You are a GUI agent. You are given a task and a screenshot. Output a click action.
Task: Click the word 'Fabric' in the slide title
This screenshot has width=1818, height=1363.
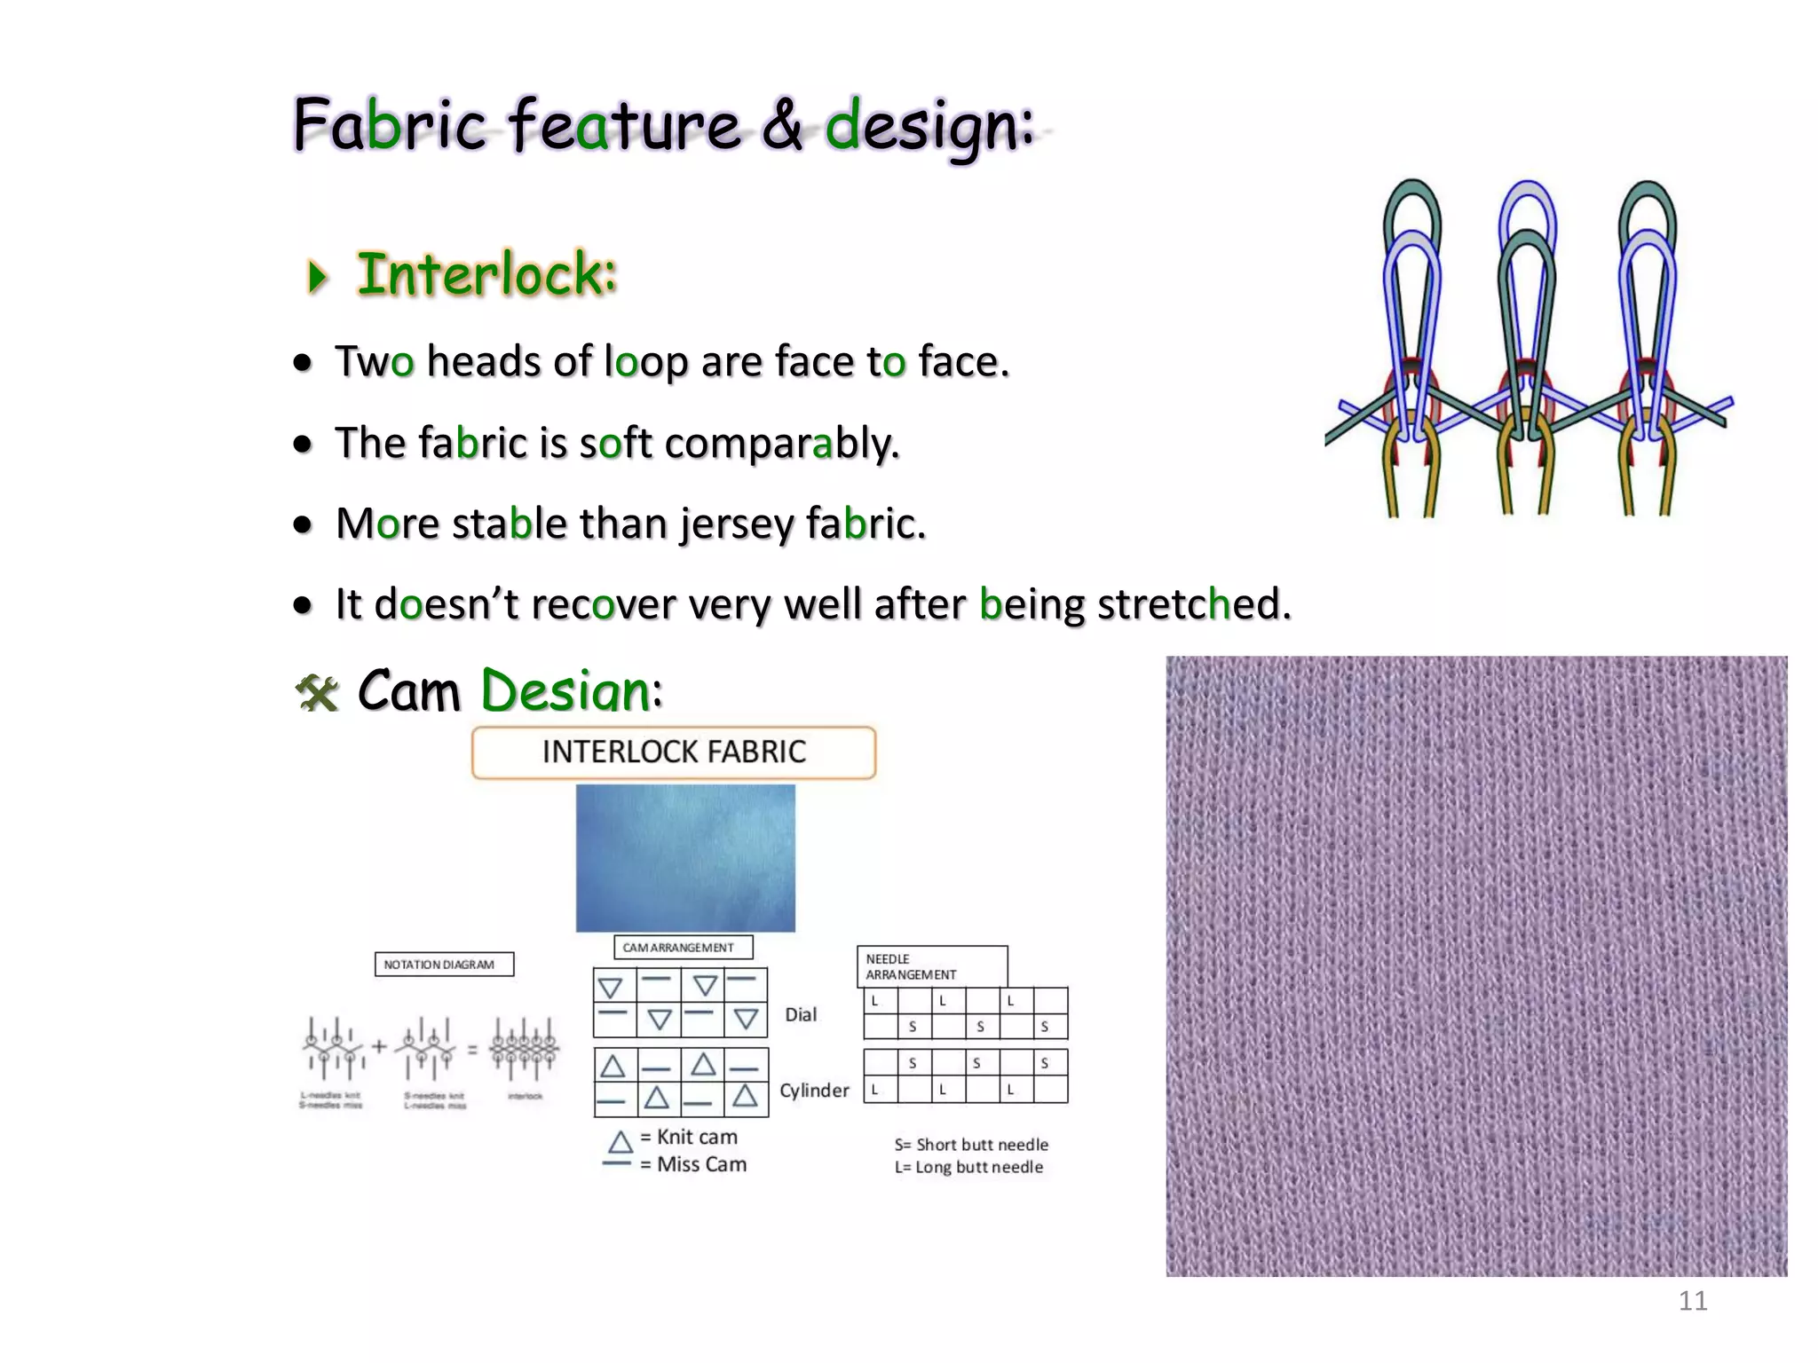coord(389,125)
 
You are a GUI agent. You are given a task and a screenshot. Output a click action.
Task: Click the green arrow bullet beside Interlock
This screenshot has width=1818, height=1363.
coord(317,276)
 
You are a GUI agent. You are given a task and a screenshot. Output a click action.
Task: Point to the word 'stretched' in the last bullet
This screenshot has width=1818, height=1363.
coord(1193,604)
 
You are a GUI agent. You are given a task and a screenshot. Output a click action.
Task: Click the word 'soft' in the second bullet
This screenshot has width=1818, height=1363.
coord(615,443)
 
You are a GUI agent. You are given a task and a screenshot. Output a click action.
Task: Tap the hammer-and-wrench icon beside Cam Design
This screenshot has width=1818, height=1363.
coord(317,693)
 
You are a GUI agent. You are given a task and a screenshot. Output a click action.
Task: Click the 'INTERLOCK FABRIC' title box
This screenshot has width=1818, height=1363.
coord(674,752)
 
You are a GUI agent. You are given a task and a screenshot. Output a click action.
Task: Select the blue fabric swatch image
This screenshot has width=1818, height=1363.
coord(685,857)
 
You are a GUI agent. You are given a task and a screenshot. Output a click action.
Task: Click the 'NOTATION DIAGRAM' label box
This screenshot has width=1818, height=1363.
coord(444,965)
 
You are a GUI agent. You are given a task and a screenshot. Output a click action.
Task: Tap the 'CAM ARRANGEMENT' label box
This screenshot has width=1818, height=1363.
coord(683,948)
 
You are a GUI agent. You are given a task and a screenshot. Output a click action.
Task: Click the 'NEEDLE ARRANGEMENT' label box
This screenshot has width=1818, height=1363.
coord(931,966)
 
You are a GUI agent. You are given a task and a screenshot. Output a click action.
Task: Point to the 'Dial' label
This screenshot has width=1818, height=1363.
coord(801,1015)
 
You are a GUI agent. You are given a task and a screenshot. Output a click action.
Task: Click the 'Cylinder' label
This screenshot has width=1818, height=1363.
coord(814,1091)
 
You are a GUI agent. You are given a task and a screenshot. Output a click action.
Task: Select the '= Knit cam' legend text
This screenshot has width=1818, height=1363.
coord(689,1138)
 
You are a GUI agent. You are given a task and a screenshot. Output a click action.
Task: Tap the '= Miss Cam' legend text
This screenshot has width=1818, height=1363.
coord(693,1164)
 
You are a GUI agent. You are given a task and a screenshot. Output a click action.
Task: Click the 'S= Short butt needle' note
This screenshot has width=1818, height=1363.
coord(971,1145)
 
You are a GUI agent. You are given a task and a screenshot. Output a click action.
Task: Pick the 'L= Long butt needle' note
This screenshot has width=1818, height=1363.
coord(968,1167)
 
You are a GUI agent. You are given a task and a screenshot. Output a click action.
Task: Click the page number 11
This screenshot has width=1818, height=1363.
coord(1692,1301)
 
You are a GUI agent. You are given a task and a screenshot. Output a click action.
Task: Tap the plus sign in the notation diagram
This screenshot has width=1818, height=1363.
coord(379,1046)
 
